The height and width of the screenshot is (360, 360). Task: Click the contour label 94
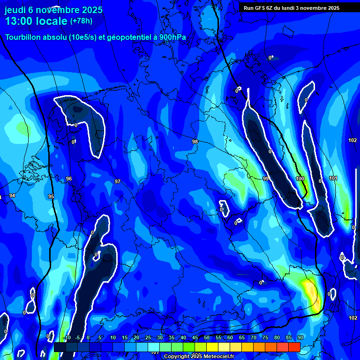(12, 195)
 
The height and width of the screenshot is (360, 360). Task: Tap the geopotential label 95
(51, 196)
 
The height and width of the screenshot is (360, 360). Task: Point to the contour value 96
(69, 179)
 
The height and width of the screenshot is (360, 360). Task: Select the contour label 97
(118, 181)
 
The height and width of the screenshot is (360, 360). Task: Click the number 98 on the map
(195, 142)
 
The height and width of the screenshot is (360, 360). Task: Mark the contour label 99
(265, 179)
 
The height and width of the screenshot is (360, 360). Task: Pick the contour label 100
(300, 179)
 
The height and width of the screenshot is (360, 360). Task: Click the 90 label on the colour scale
(300, 337)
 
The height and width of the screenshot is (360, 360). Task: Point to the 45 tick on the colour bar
(195, 337)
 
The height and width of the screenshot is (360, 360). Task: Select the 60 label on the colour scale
(230, 337)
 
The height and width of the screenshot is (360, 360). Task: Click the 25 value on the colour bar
(148, 337)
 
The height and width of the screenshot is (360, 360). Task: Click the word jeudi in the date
(15, 10)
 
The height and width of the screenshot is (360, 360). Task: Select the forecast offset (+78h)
(81, 21)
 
